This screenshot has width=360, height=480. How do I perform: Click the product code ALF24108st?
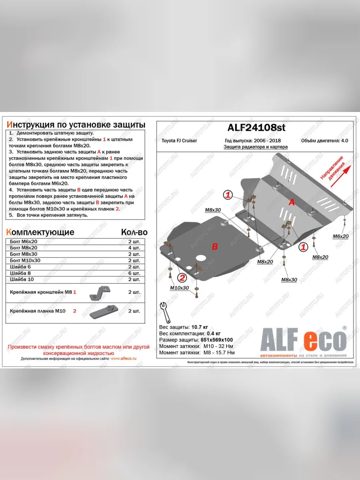tap(256, 128)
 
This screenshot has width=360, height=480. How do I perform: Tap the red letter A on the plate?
tap(292, 203)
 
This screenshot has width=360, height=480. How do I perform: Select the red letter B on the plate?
tap(214, 247)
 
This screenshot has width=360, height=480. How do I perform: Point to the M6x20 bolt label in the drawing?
tap(341, 236)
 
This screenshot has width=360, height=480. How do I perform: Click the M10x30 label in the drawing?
tap(179, 288)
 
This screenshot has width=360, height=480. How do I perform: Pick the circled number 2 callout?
tap(182, 278)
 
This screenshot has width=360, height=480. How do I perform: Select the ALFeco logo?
tap(303, 342)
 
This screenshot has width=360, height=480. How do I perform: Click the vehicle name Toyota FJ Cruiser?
tap(179, 141)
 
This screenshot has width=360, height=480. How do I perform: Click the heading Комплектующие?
tap(40, 232)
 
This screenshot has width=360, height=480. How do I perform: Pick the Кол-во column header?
tap(134, 232)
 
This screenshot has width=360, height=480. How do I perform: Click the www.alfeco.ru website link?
tap(123, 359)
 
